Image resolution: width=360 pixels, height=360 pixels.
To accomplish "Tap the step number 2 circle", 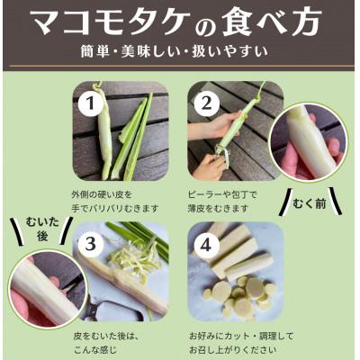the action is pos(206,104).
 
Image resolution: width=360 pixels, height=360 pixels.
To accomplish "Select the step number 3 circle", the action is pos(90,245).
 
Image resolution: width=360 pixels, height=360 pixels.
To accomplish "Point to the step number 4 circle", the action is pos(206,245).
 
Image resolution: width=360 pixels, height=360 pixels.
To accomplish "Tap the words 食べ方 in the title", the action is pos(271,22).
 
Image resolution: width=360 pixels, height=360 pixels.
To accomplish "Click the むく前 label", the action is pos(310,204).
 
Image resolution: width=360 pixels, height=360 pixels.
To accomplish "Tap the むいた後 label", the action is pos(42,229).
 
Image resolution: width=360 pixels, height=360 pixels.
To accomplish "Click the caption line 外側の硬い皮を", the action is pos(102,194).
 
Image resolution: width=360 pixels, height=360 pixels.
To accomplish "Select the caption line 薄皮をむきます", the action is pos(219,208).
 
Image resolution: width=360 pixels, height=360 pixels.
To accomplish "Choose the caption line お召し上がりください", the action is pos(229,350).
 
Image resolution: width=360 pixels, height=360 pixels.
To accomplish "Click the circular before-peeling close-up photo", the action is pos(309,142).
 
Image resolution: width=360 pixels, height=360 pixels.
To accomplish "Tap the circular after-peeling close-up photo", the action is pos(48,289).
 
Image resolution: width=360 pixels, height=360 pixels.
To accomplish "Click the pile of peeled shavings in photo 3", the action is pos(136,260).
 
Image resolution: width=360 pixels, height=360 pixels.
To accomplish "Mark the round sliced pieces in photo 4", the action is pos(240,294).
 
